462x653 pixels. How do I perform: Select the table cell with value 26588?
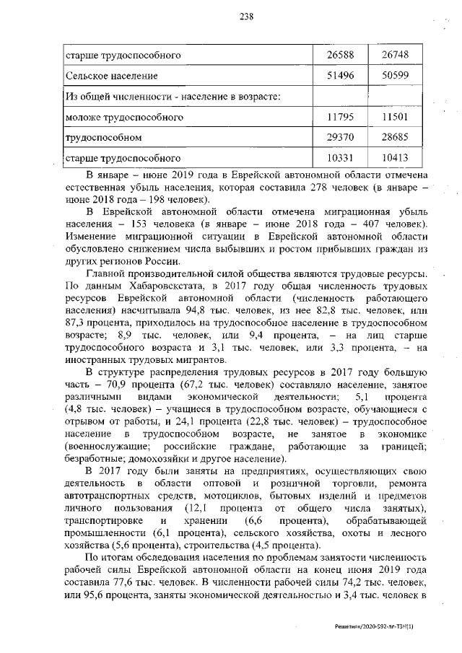340,55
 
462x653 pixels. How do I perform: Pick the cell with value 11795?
340,116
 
